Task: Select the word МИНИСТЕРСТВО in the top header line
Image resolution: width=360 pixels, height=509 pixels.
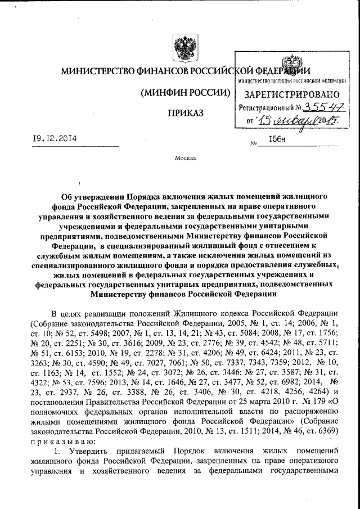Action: tap(94, 72)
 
